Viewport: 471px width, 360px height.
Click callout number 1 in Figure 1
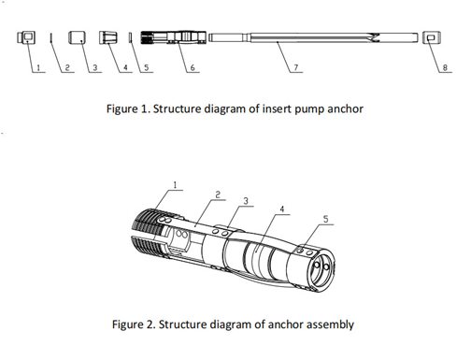point(38,67)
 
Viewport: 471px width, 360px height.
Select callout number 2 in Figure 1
point(67,67)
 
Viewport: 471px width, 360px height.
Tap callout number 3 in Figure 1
point(95,67)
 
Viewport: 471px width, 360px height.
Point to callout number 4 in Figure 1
point(125,67)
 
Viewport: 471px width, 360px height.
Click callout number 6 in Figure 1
point(193,67)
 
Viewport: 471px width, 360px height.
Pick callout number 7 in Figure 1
point(296,67)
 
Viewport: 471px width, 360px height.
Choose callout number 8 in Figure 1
point(445,67)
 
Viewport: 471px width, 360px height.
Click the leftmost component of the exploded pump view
point(26,37)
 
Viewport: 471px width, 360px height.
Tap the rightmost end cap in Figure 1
point(432,37)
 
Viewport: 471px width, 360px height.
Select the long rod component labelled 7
point(313,37)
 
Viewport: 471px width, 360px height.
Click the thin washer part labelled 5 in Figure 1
point(131,37)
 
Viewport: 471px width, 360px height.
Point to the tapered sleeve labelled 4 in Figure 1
point(108,37)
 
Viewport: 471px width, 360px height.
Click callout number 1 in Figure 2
point(175,185)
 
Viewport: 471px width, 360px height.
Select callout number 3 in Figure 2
point(246,201)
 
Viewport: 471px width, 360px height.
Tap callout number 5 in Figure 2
point(325,219)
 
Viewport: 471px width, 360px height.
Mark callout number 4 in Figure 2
point(282,209)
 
